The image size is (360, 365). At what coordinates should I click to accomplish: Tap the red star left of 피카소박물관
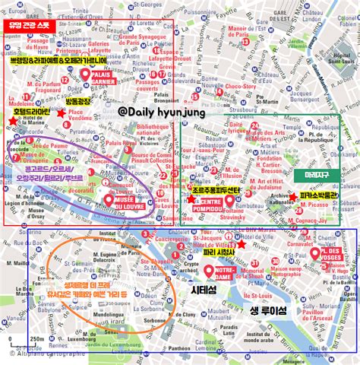(x=294, y=197)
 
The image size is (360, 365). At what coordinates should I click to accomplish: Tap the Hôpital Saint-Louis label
(x=327, y=77)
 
